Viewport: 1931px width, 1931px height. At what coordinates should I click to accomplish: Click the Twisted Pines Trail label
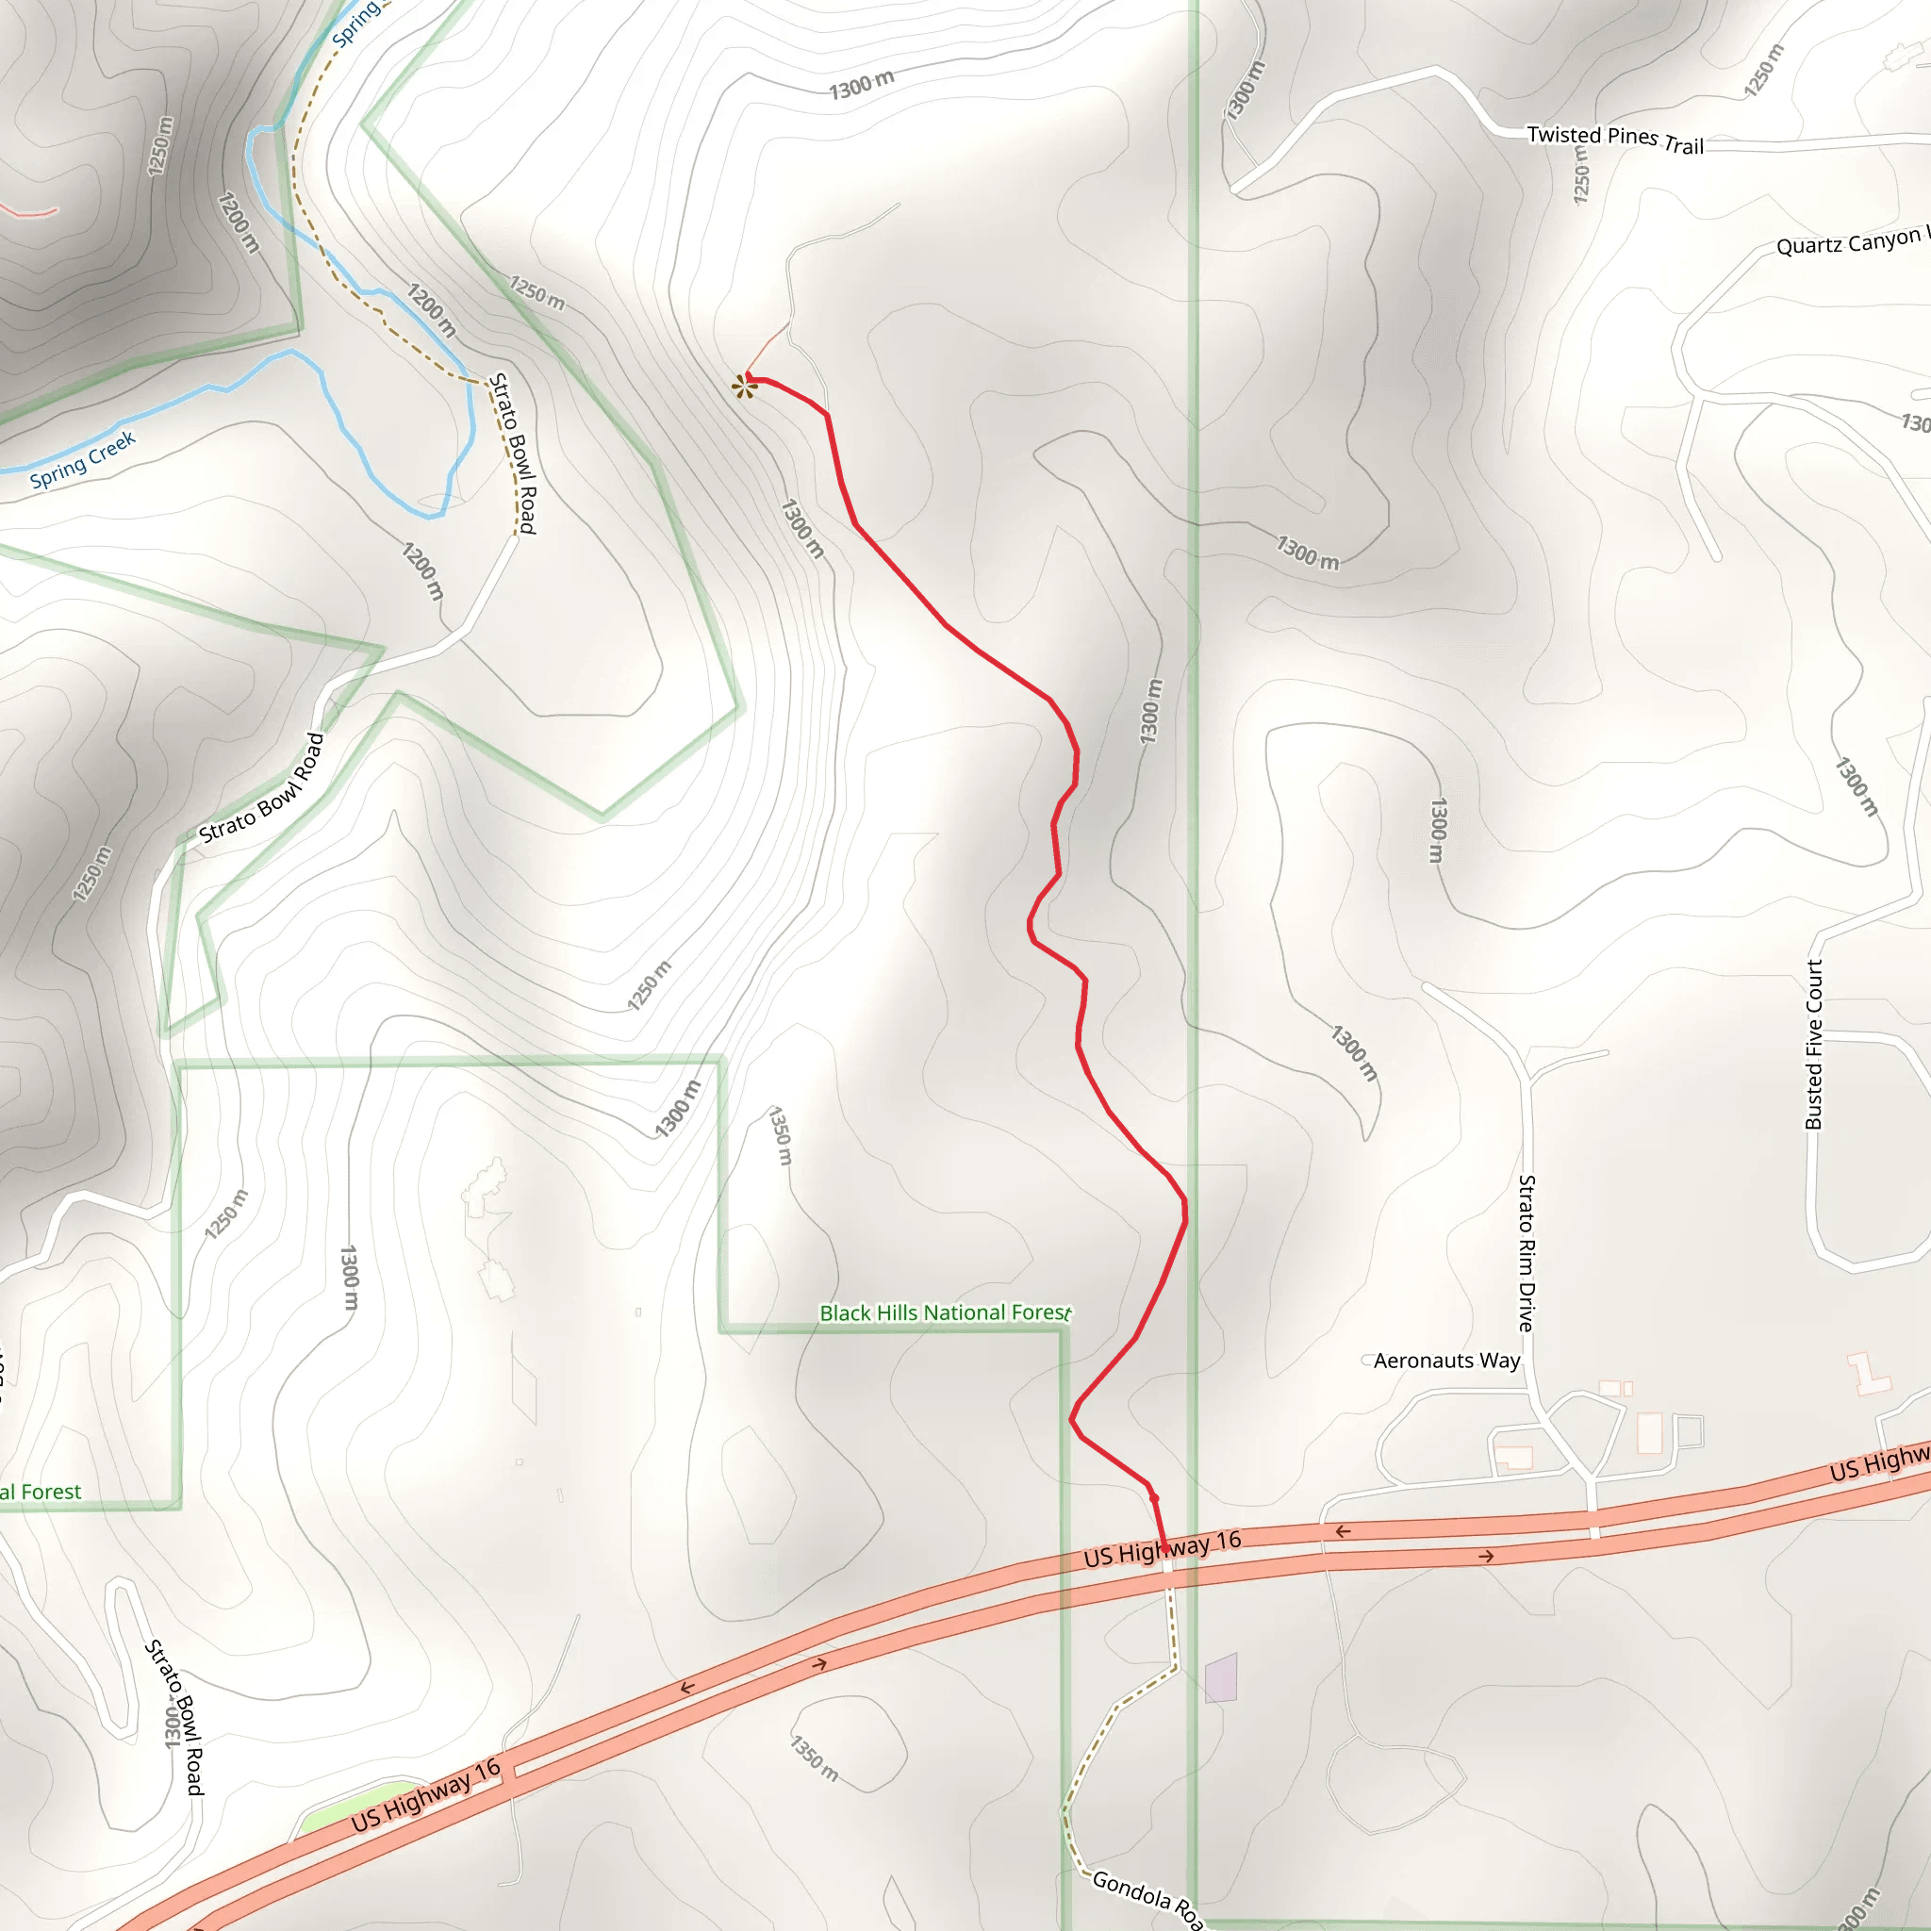[1614, 140]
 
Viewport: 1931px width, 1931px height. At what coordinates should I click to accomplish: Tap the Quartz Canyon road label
[1849, 243]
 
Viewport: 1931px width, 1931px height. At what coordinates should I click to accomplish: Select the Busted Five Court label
[1814, 1045]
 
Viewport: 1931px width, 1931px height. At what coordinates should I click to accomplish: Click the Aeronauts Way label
[1446, 1361]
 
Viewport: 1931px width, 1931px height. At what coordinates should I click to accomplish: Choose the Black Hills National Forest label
[945, 1312]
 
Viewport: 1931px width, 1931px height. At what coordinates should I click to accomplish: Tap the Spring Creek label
[83, 460]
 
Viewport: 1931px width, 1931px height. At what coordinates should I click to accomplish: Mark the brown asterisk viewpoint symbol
[743, 387]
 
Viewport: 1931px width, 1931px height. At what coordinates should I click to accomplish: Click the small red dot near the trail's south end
[1154, 1498]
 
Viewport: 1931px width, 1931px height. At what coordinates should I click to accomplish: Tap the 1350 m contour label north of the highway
[781, 1135]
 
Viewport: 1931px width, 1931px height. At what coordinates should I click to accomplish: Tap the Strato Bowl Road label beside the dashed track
[513, 453]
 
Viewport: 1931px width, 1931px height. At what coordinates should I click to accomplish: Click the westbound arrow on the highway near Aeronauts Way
[1344, 1531]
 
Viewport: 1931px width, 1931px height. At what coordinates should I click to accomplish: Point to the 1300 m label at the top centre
[862, 85]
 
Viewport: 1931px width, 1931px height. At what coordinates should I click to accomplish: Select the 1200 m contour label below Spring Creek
[422, 570]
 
